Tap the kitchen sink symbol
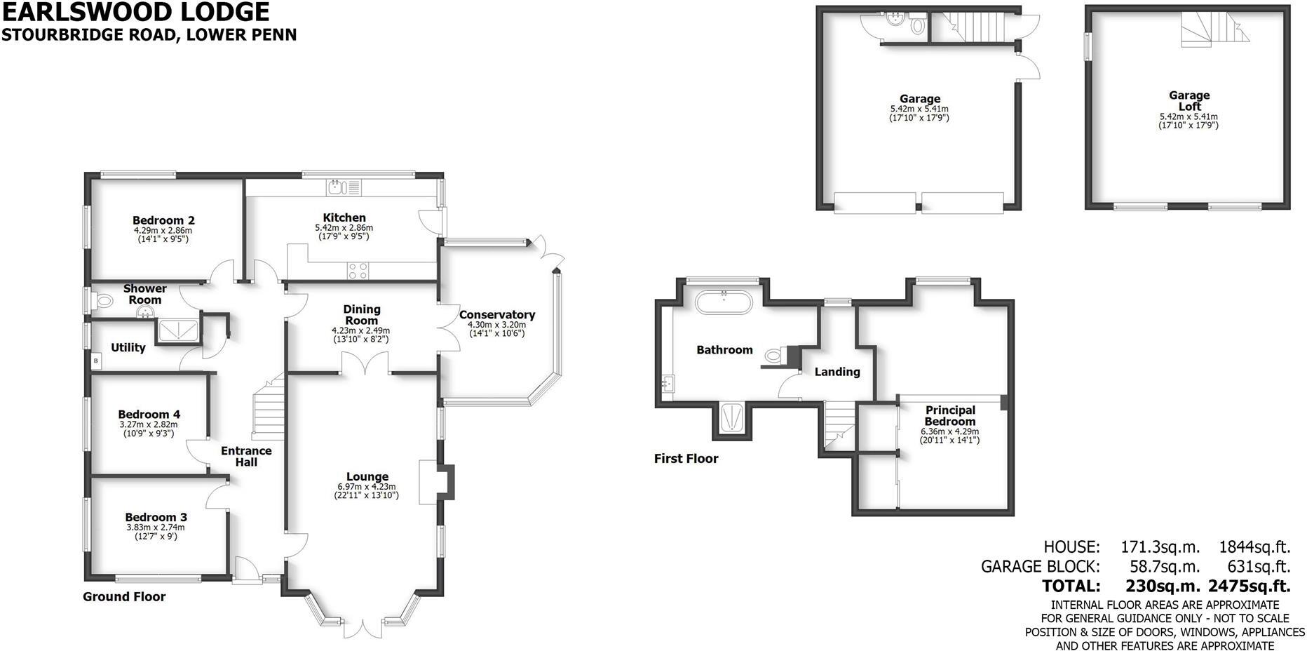pos(337,187)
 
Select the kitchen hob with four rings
pos(358,271)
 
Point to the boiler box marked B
pos(96,361)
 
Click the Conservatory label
pos(496,315)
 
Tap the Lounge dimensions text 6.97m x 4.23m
pos(366,487)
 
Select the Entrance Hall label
pos(246,456)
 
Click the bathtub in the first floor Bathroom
pos(724,304)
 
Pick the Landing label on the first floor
pos(837,372)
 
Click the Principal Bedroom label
pos(950,415)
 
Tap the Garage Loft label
pos(1189,101)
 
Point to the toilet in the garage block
pos(916,27)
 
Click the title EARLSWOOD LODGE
pos(135,12)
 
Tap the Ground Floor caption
pos(124,597)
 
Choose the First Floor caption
pos(686,459)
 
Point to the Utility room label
pos(128,347)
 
